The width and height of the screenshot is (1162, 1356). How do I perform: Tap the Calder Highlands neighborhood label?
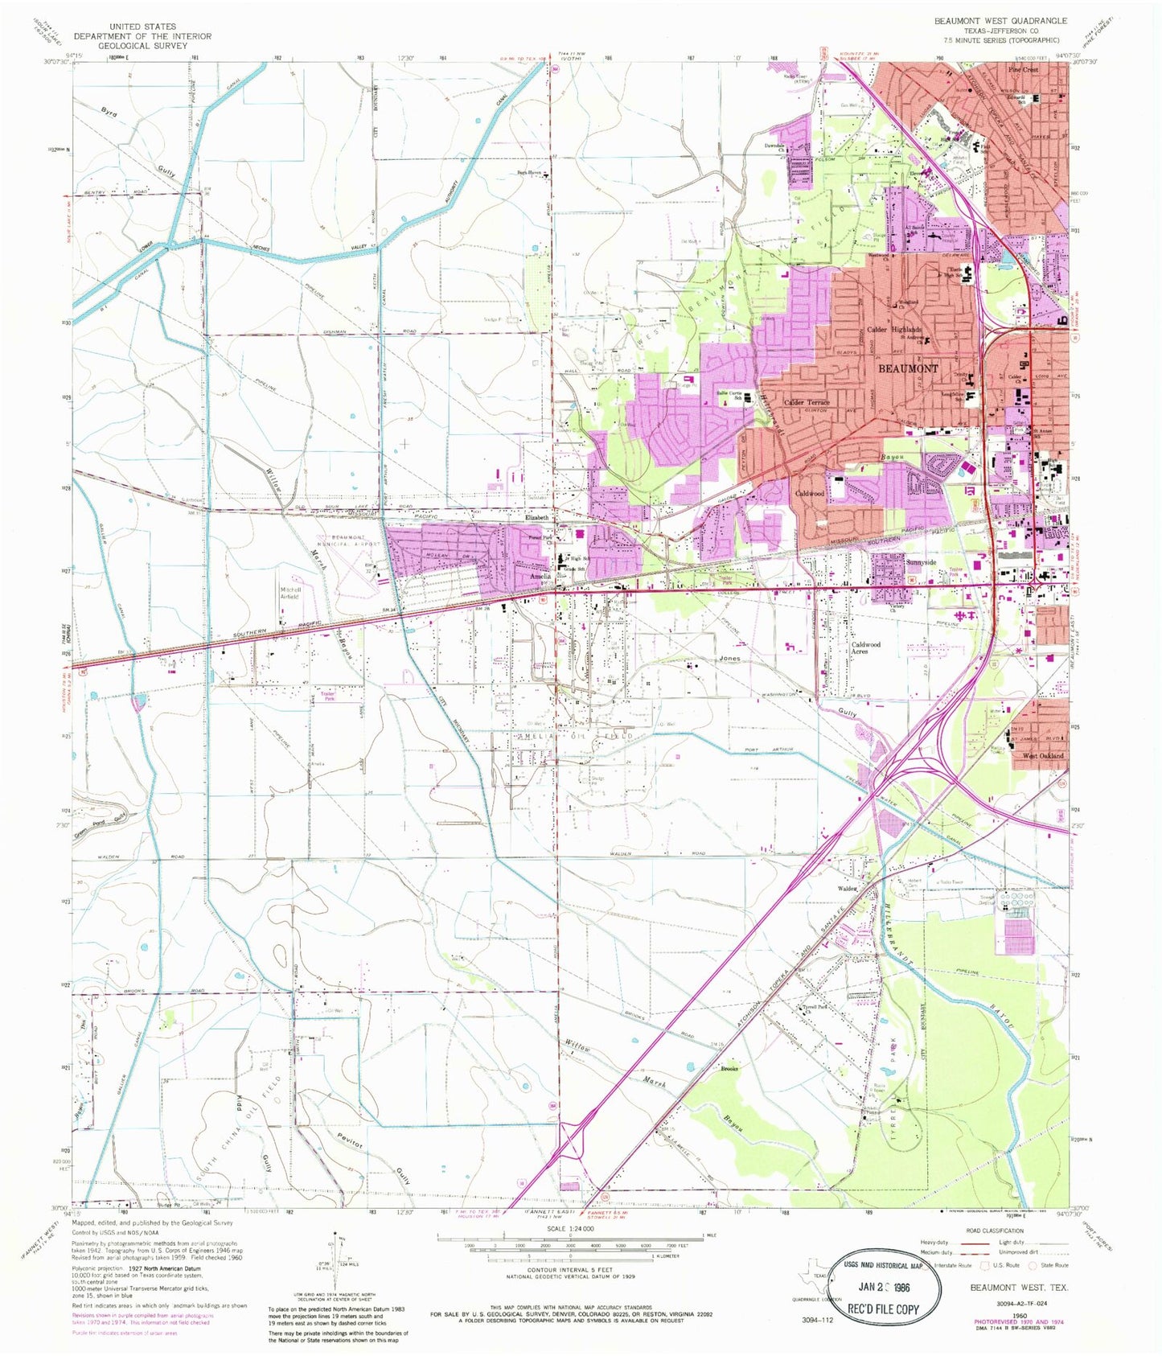893,330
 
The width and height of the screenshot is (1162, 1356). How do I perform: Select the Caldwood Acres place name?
865,648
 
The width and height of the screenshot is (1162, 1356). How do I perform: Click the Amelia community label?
540,577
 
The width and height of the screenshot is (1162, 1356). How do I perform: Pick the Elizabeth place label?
536,518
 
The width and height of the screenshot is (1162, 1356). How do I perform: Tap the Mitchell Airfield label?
290,593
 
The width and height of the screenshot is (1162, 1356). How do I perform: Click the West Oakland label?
1042,756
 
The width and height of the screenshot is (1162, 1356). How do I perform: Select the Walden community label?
848,889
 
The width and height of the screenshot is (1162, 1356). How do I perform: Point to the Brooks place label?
729,1069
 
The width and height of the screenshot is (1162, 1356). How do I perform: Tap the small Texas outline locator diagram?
809,1286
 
